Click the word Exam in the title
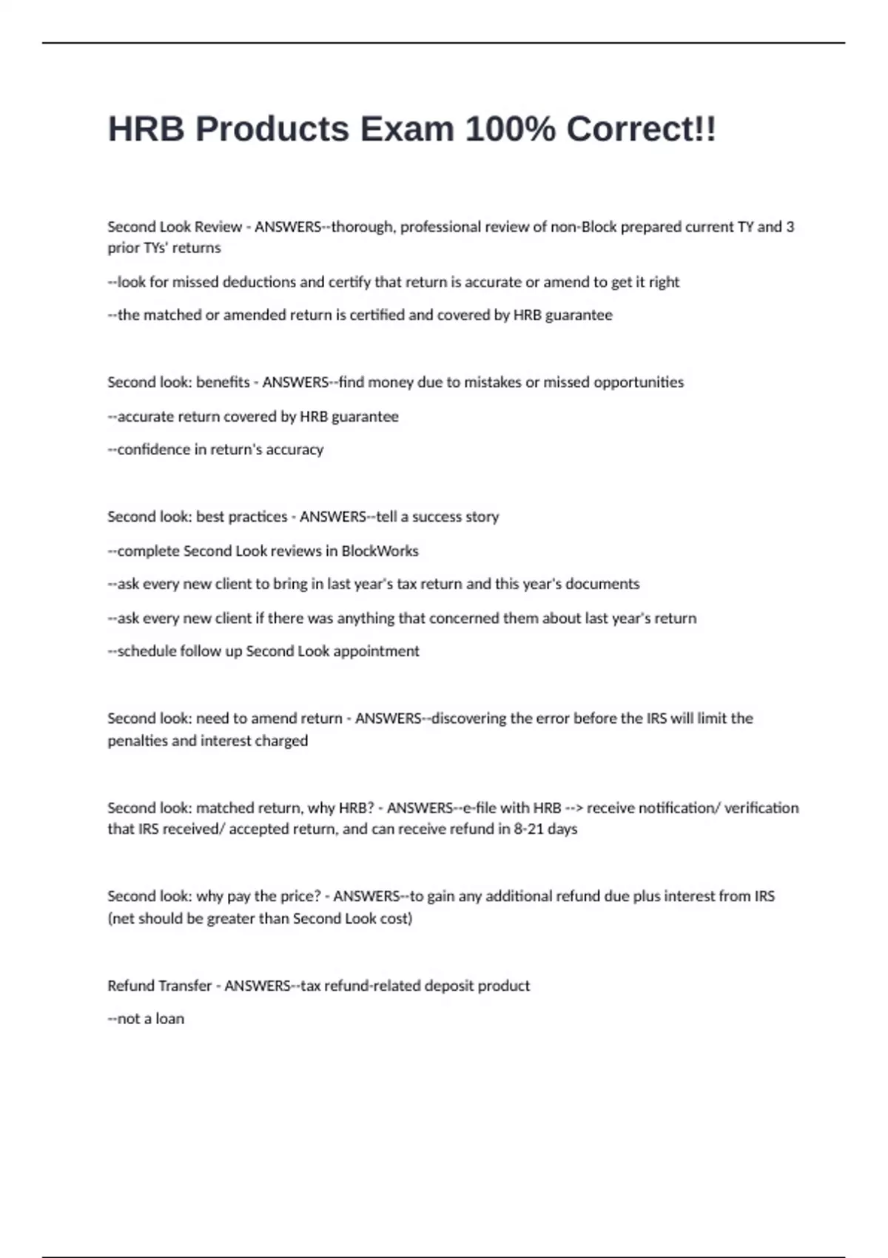coord(406,129)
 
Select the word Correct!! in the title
coord(642,129)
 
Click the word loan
coord(169,1019)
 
